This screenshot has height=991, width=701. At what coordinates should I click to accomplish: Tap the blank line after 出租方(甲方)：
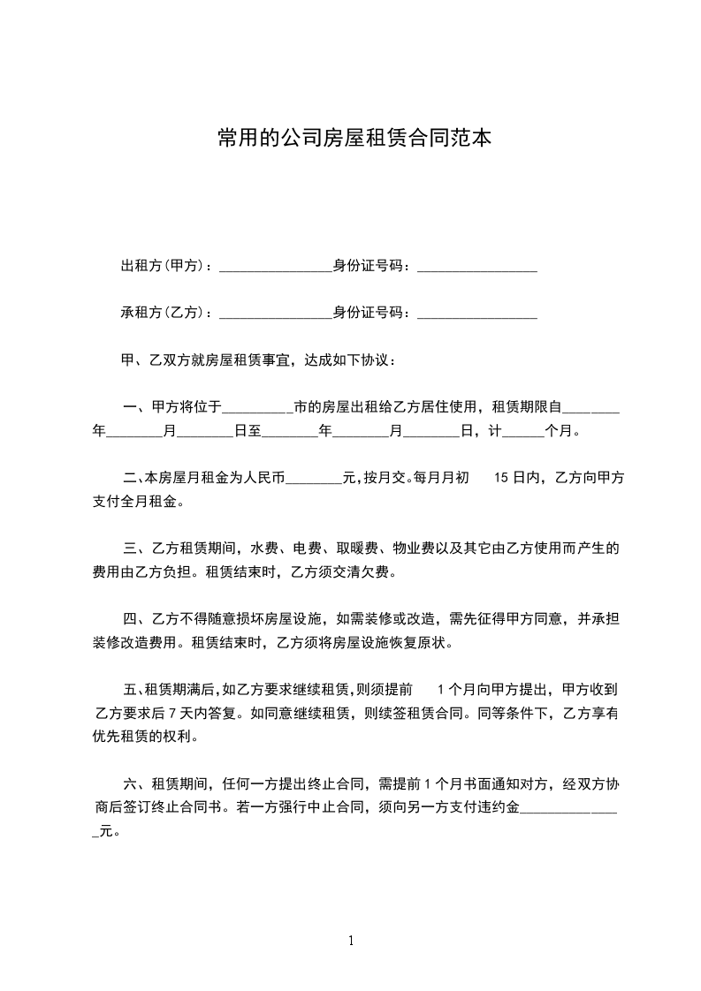click(275, 269)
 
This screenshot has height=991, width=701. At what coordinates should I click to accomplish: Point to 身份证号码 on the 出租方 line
click(368, 266)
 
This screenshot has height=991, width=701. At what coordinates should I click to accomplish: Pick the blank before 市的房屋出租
click(257, 410)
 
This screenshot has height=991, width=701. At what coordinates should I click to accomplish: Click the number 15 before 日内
click(499, 479)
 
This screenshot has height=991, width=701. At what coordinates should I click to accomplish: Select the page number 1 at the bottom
click(351, 940)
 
